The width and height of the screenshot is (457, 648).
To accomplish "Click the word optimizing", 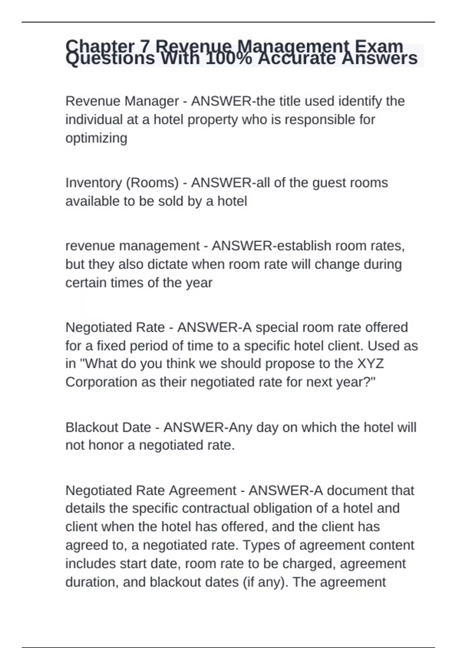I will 96,138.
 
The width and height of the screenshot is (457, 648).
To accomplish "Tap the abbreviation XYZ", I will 370,364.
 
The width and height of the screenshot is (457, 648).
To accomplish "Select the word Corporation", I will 101,382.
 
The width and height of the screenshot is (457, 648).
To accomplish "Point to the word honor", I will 111,445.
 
